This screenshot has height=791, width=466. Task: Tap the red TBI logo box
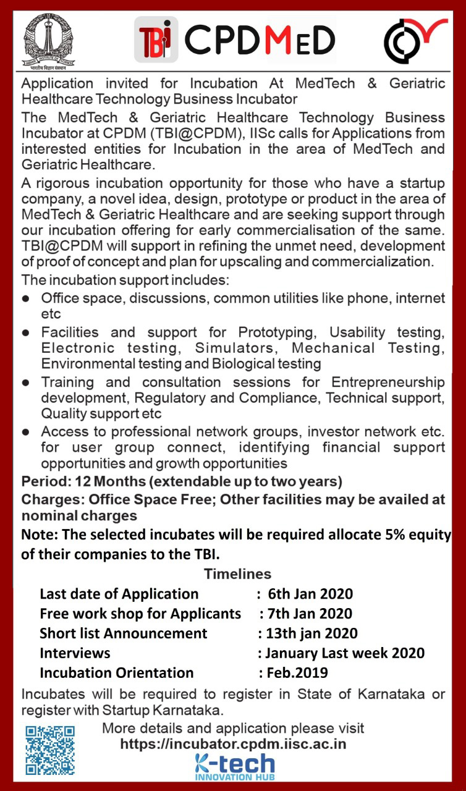tap(156, 40)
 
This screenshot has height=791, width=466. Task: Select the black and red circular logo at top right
tap(414, 41)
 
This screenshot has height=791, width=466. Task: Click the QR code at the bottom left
tap(50, 750)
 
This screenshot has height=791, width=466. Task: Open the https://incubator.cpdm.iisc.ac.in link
tap(233, 743)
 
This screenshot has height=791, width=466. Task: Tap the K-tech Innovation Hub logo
tap(234, 767)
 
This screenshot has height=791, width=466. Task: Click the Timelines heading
tap(237, 574)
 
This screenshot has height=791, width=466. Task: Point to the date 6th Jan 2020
tap(310, 594)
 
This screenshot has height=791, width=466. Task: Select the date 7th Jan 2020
tap(310, 614)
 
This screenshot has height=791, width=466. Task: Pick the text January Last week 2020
tap(344, 653)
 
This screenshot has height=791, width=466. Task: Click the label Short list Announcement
tap(124, 633)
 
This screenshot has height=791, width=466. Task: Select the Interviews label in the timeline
tap(75, 653)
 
